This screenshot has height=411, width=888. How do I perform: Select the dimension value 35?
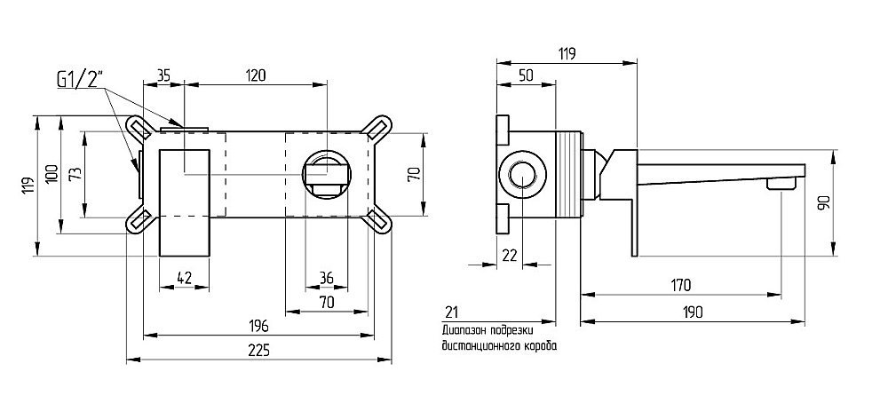point(164,75)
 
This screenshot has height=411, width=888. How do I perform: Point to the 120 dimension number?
point(256,75)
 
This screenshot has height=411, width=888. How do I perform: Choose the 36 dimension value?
point(326,279)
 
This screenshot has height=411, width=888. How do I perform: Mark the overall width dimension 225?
point(258,350)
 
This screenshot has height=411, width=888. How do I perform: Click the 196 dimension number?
point(258,325)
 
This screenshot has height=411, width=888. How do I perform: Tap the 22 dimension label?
point(509,255)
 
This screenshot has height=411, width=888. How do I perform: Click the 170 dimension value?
point(680,285)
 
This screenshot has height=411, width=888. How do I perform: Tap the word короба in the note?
point(540,346)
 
